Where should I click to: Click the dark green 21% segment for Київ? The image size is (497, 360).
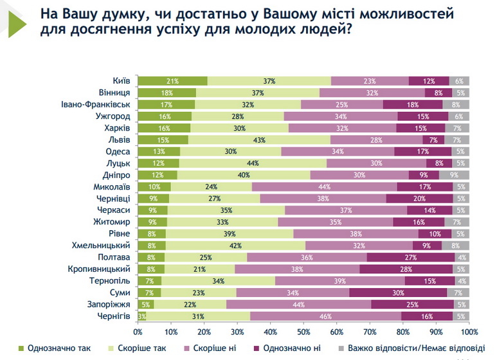(172, 81)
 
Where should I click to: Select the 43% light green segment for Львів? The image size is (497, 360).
(260, 139)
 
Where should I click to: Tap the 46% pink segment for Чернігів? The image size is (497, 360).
(325, 316)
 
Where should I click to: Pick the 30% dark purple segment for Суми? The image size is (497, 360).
(398, 292)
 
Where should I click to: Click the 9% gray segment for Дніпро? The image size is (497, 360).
(455, 175)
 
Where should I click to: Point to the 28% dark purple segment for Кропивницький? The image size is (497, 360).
(406, 269)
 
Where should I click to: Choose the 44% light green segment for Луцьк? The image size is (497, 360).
(252, 163)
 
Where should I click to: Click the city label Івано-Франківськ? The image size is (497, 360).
(96, 104)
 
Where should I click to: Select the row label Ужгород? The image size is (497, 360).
(113, 116)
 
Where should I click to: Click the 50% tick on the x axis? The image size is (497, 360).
(303, 332)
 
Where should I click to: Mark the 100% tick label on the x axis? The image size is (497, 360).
(468, 332)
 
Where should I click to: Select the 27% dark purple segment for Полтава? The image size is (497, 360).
(411, 257)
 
